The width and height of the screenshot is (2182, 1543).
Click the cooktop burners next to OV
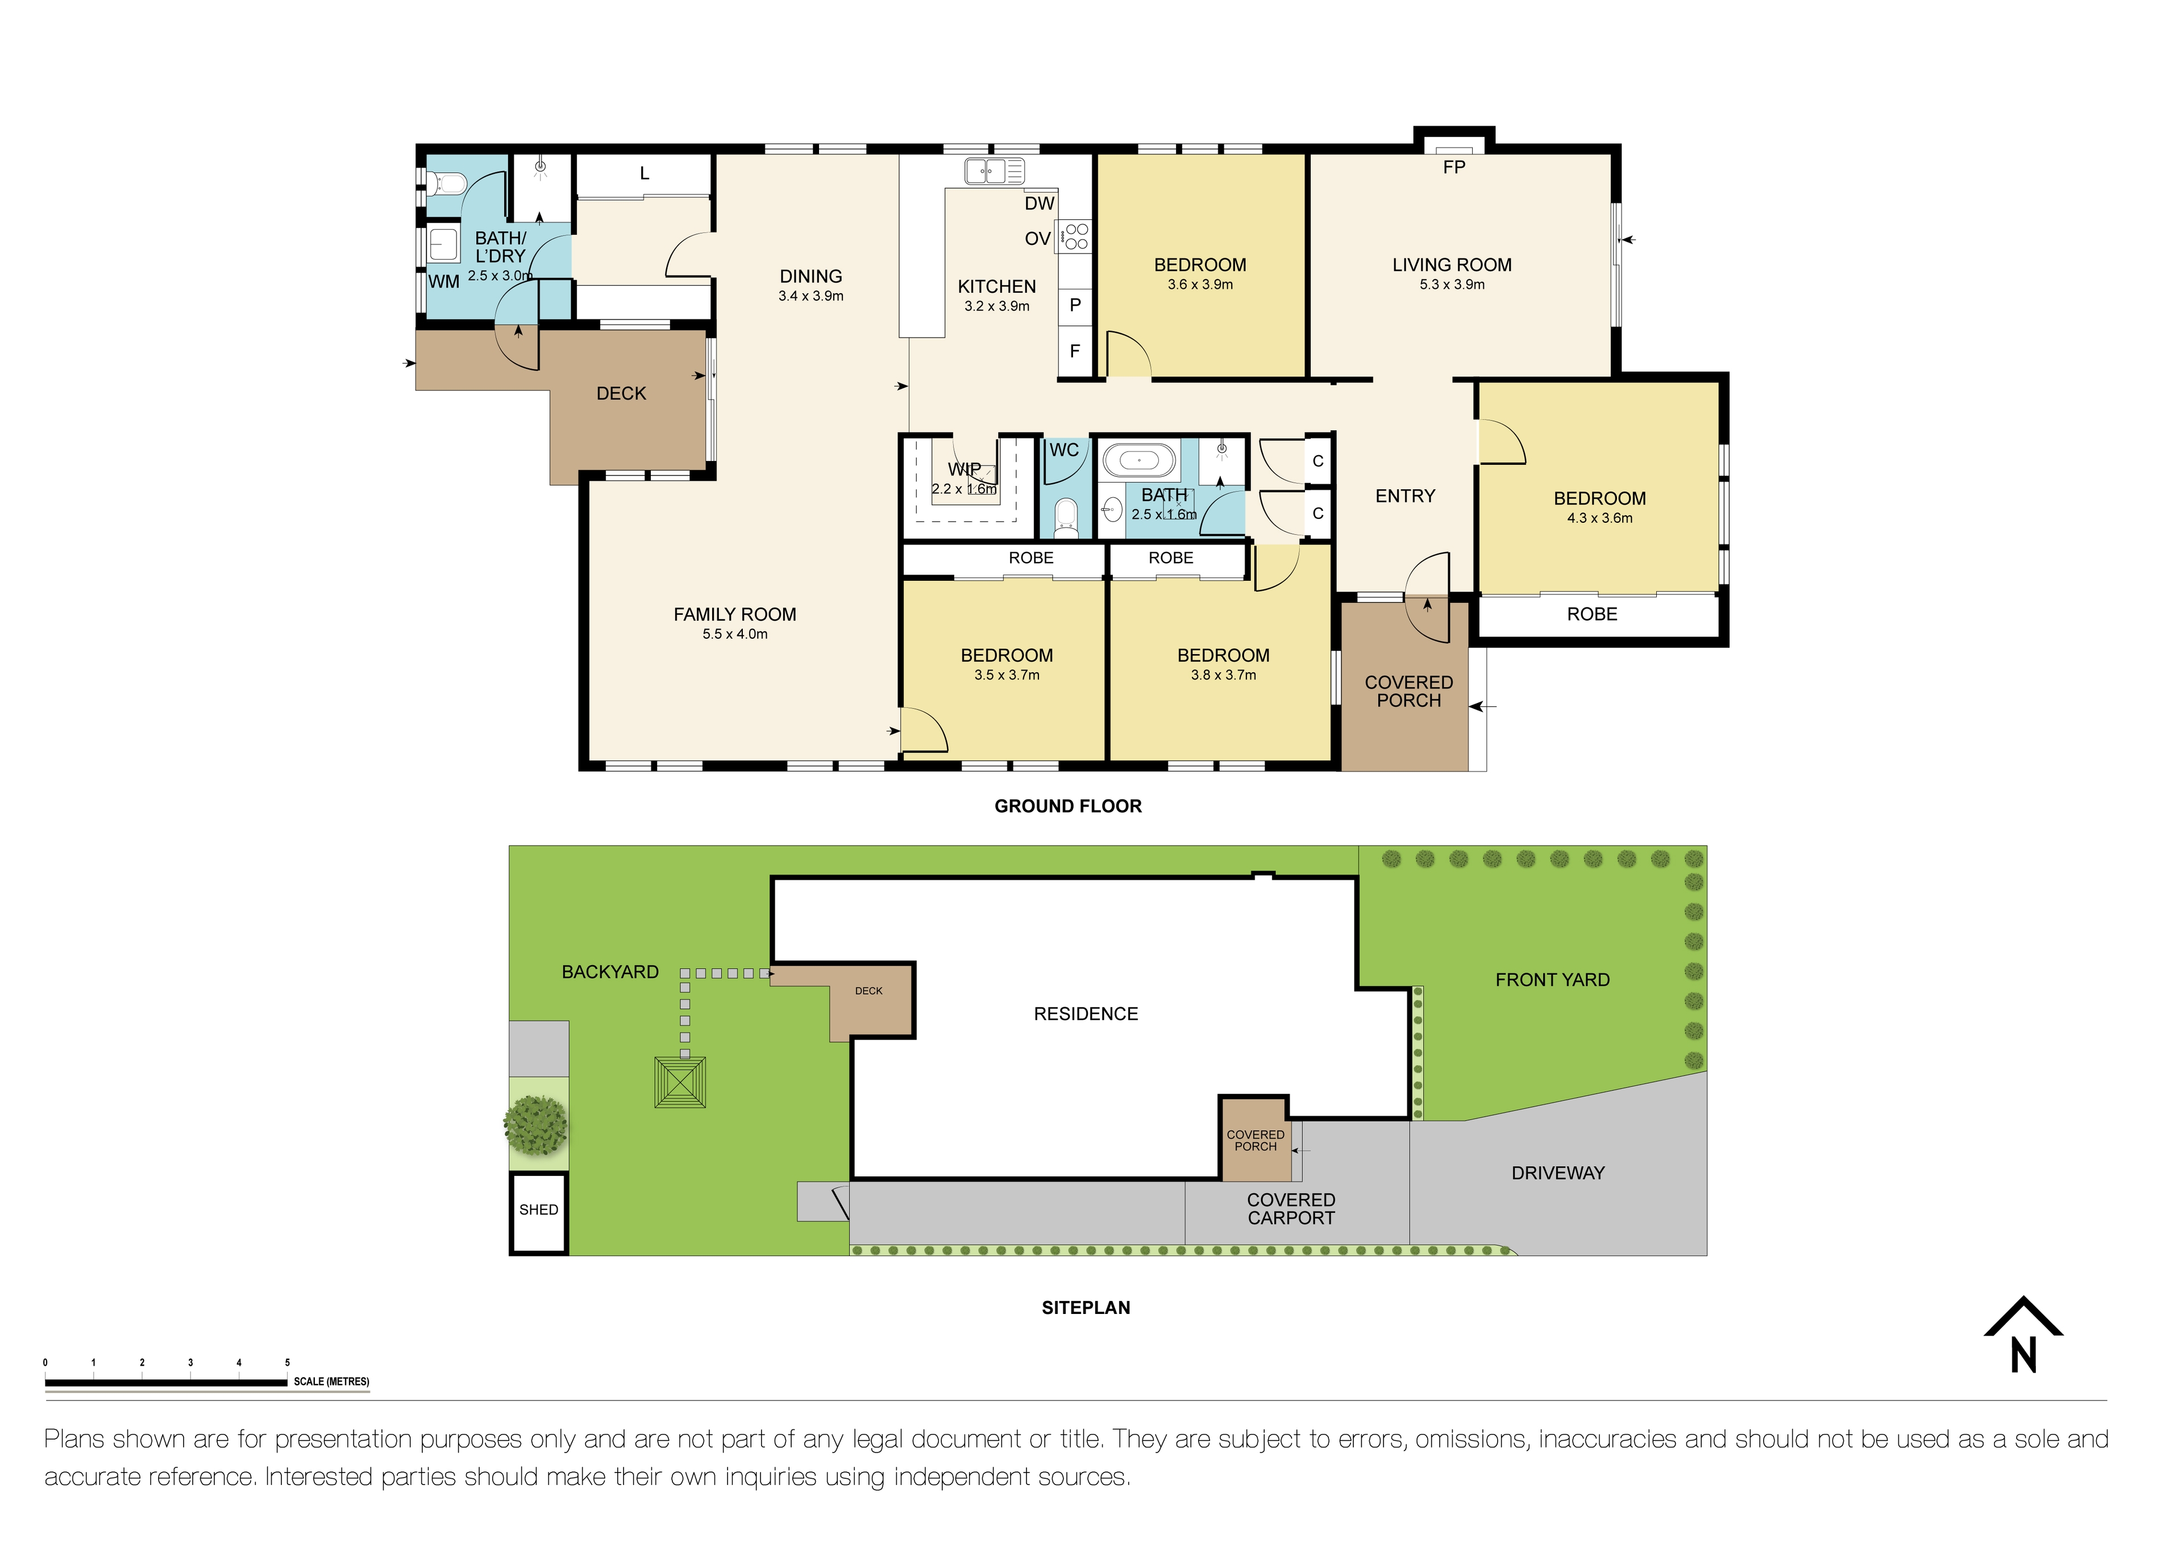[1076, 236]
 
